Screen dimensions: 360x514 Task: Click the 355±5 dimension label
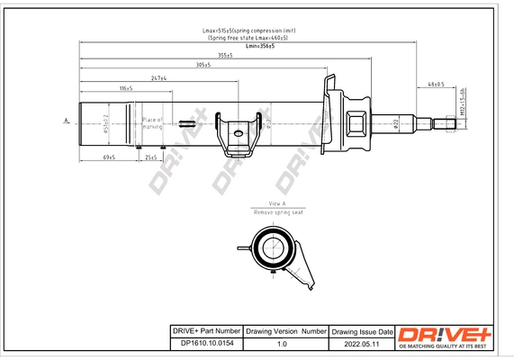click(224, 55)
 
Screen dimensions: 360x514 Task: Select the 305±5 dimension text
click(203, 66)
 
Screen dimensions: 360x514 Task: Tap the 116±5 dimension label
click(126, 88)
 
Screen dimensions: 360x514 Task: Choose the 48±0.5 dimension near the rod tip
click(437, 85)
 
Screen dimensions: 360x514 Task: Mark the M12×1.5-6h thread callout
click(462, 103)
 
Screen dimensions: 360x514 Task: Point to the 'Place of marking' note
click(152, 122)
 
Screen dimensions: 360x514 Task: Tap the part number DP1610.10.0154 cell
click(205, 343)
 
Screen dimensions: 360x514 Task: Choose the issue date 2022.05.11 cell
click(362, 343)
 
